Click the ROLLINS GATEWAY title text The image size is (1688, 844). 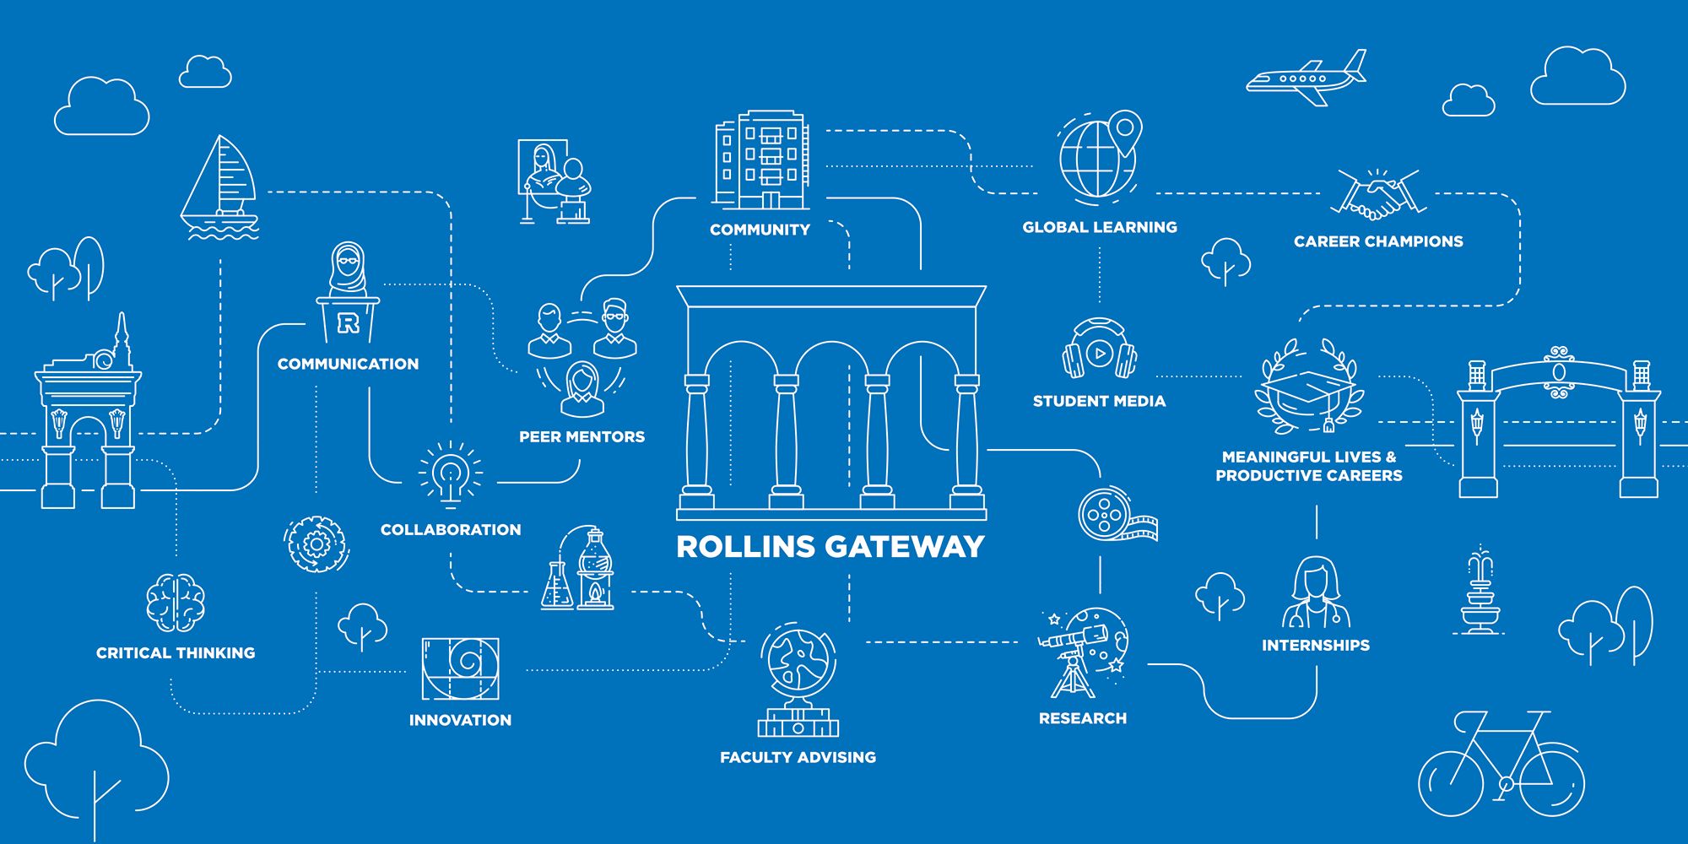pos(830,547)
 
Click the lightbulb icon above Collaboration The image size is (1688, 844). pos(451,472)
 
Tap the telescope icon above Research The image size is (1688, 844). pos(1082,651)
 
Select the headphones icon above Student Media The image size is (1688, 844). pos(1099,350)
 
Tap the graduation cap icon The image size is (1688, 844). pos(1307,388)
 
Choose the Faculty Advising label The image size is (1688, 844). pos(798,757)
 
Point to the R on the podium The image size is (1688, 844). pos(348,322)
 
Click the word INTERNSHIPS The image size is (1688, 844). pos(1315,646)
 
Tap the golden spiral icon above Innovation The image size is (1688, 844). pos(460,668)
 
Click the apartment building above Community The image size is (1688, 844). pos(761,160)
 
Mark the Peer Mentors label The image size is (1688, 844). pos(582,437)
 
